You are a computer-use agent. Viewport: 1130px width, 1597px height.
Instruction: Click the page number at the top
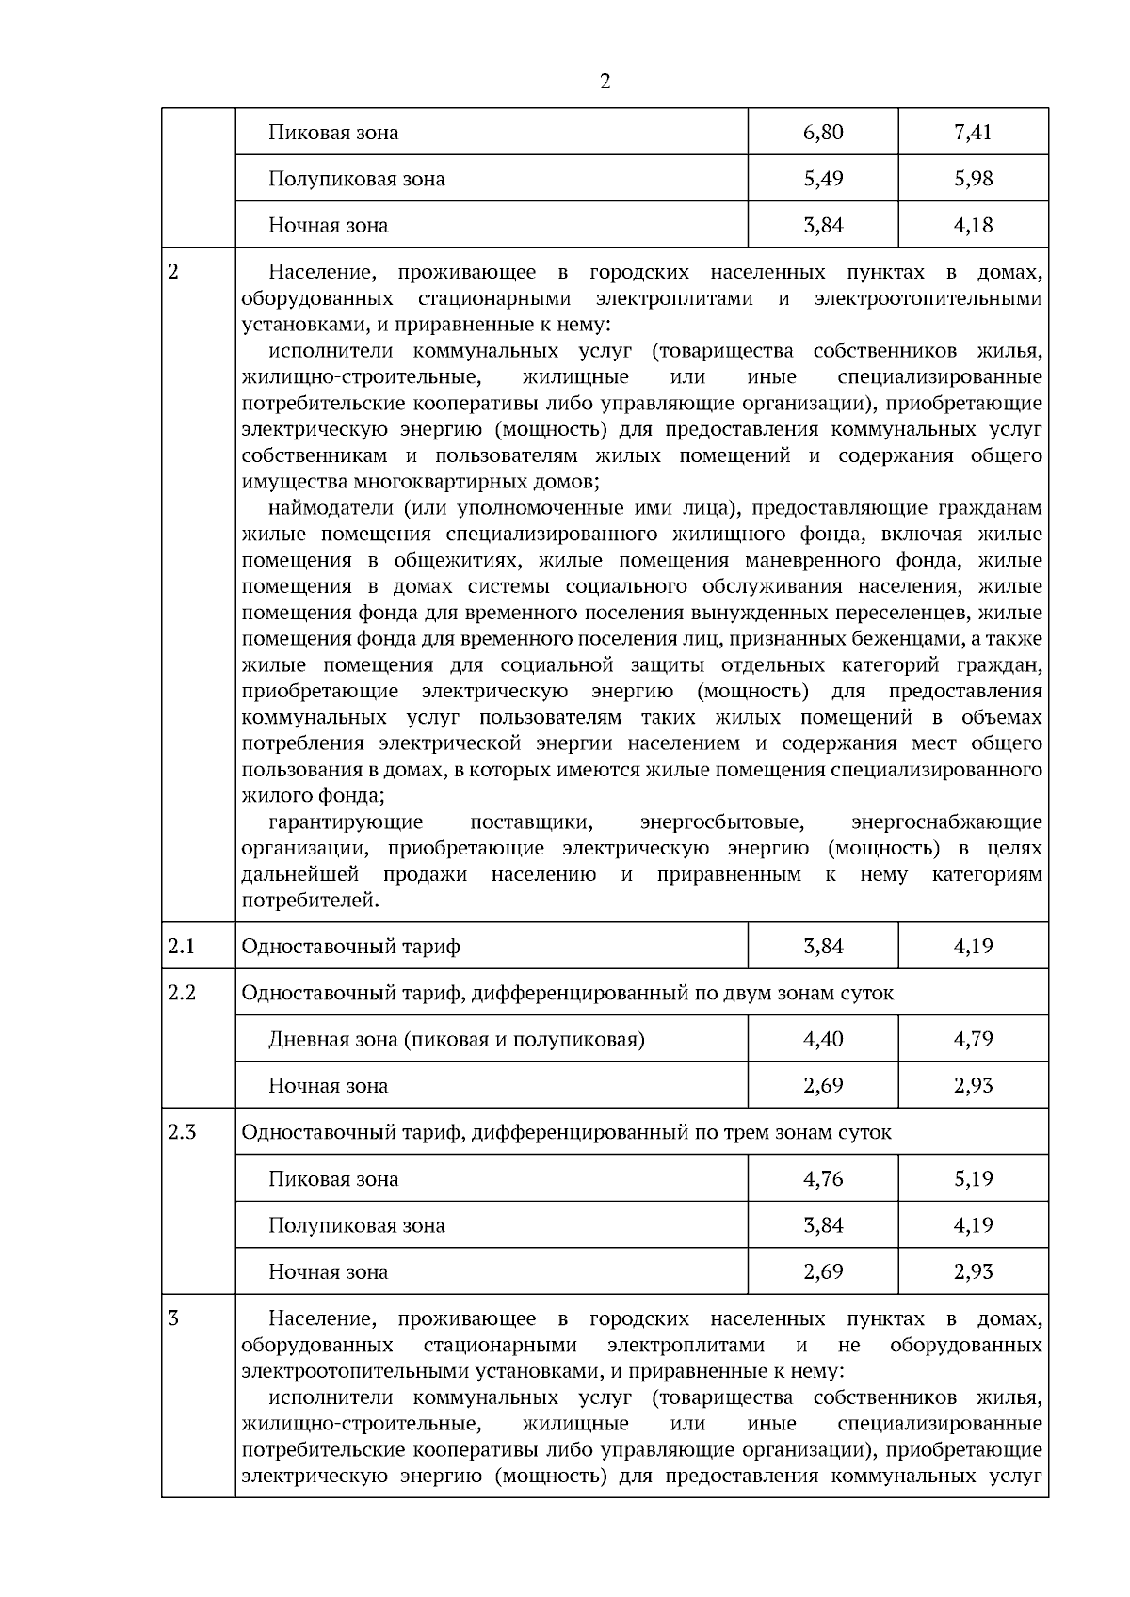click(605, 82)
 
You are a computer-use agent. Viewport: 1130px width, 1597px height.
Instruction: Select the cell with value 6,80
click(823, 132)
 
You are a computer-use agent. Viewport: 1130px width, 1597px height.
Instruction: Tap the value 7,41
click(973, 132)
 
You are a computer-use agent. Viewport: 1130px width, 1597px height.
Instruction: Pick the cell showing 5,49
click(823, 179)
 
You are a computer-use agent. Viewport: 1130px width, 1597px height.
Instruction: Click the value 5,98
click(973, 179)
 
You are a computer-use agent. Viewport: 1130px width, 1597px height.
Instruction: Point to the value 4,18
click(973, 225)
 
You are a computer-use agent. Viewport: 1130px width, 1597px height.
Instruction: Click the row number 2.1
click(182, 946)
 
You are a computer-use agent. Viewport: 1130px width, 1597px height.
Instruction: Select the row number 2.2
click(182, 993)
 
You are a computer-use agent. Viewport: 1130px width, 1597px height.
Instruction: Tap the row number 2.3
click(182, 1132)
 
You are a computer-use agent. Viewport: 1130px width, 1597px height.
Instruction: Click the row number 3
click(173, 1318)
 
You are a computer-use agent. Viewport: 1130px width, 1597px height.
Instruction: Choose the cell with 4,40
click(823, 1039)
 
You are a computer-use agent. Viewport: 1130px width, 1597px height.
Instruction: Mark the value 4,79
click(973, 1039)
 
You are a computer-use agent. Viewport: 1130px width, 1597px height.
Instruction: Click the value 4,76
click(823, 1178)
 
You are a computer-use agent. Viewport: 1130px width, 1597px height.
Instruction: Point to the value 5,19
click(973, 1178)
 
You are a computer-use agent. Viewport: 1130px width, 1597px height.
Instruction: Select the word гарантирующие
click(346, 822)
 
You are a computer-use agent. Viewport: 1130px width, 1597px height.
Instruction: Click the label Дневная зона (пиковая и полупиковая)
click(457, 1040)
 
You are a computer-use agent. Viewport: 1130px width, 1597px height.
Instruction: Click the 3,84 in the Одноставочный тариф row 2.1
click(823, 946)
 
